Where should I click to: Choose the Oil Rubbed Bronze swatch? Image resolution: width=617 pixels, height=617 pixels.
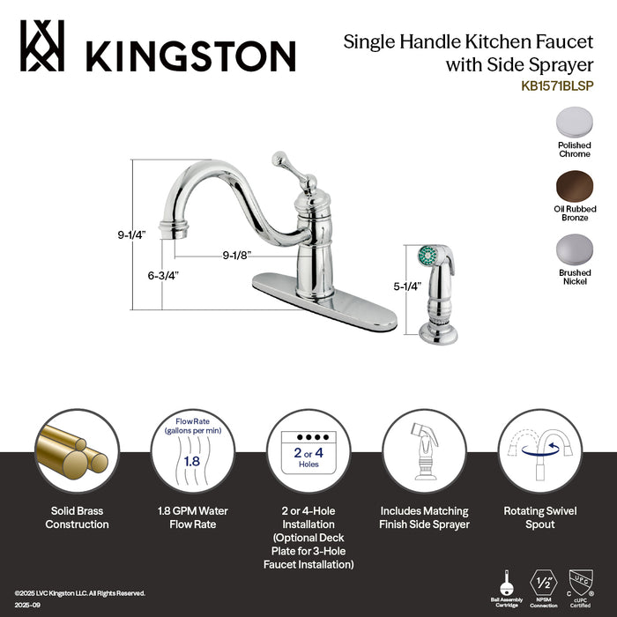point(574,187)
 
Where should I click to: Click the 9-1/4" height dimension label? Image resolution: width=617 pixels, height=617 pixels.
point(131,235)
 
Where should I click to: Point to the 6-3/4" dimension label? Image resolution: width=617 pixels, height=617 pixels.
point(164,275)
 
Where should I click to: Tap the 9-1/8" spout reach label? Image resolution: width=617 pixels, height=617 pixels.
point(238,256)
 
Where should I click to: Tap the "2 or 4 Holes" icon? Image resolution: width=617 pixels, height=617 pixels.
point(308,450)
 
